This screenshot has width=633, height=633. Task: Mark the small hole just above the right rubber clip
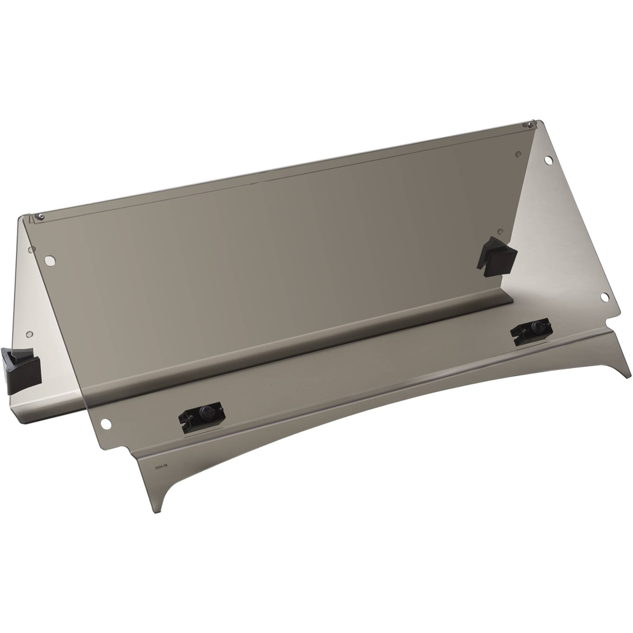point(500,231)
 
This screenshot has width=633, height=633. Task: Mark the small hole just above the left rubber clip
point(29,335)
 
